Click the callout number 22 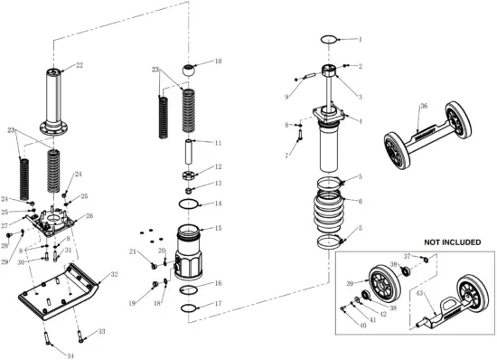pyautogui.click(x=79, y=65)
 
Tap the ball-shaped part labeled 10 pyautogui.click(x=192, y=70)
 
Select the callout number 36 pyautogui.click(x=424, y=106)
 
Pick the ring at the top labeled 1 pyautogui.click(x=330, y=39)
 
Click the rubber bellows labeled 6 pyautogui.click(x=331, y=214)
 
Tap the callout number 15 pyautogui.click(x=218, y=228)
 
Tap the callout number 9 pyautogui.click(x=287, y=97)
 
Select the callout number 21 pyautogui.click(x=132, y=251)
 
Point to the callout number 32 pyautogui.click(x=114, y=273)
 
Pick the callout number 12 pyautogui.click(x=218, y=167)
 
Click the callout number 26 pyautogui.click(x=89, y=216)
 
